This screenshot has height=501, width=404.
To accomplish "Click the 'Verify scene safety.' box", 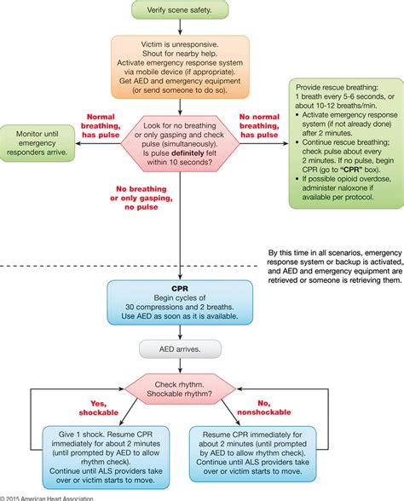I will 180,10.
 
